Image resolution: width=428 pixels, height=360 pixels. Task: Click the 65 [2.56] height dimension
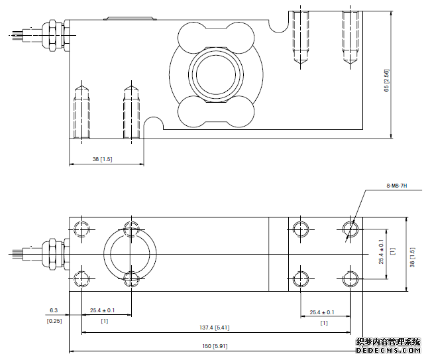[386, 80]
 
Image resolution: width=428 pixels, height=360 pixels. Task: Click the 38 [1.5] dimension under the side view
[102, 160]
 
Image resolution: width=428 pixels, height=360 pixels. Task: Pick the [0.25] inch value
[54, 321]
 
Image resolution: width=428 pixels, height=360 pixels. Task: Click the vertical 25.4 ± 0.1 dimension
[381, 252]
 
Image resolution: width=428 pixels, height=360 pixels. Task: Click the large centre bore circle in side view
[212, 74]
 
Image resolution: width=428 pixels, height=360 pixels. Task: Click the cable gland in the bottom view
[50, 253]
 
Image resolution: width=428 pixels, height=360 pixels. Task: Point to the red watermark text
[388, 341]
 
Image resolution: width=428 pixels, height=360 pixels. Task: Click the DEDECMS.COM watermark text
[388, 351]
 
